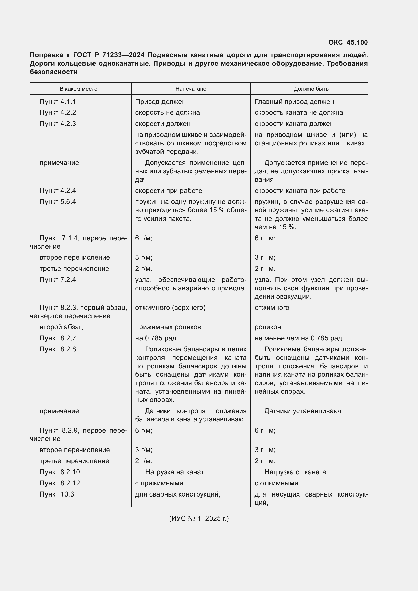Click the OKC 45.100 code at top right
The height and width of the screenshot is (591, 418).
tap(348, 42)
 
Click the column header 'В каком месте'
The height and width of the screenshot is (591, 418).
tap(79, 89)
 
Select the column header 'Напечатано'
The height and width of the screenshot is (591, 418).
tap(191, 89)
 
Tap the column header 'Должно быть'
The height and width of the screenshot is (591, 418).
tap(311, 89)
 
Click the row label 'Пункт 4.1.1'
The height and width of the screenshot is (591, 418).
tap(58, 102)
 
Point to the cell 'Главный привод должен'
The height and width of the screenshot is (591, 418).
tap(294, 102)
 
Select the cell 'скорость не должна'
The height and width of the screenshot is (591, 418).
tap(167, 113)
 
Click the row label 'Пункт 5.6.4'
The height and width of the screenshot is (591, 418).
tap(58, 202)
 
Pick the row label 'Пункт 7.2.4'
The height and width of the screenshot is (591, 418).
tap(58, 280)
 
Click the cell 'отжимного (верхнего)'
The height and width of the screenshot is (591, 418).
tap(170, 308)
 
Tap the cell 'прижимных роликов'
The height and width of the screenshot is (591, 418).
tap(168, 327)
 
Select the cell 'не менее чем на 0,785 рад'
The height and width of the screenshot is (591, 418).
tap(298, 338)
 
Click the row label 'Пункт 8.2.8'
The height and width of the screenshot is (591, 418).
tap(58, 349)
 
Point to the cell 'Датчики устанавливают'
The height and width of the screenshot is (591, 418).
tap(303, 411)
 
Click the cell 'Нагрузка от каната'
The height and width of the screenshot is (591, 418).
tap(295, 472)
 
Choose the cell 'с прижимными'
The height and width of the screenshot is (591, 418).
tap(159, 483)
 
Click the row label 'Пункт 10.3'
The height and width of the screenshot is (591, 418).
tap(57, 494)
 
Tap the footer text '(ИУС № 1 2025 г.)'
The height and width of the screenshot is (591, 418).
tap(199, 518)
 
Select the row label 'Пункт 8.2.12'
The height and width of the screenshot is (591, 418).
tap(60, 483)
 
